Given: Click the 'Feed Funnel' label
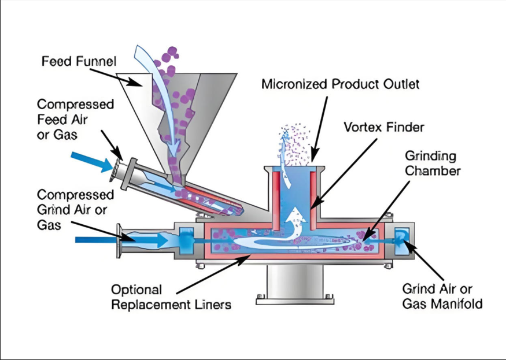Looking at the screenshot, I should (79, 61).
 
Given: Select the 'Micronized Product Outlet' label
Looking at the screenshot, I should (340, 84).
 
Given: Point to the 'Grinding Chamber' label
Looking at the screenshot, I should (433, 163).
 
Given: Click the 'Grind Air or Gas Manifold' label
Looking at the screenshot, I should (442, 296).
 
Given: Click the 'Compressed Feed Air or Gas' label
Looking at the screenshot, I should (75, 118).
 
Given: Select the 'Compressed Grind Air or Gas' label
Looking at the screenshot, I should (75, 209).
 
